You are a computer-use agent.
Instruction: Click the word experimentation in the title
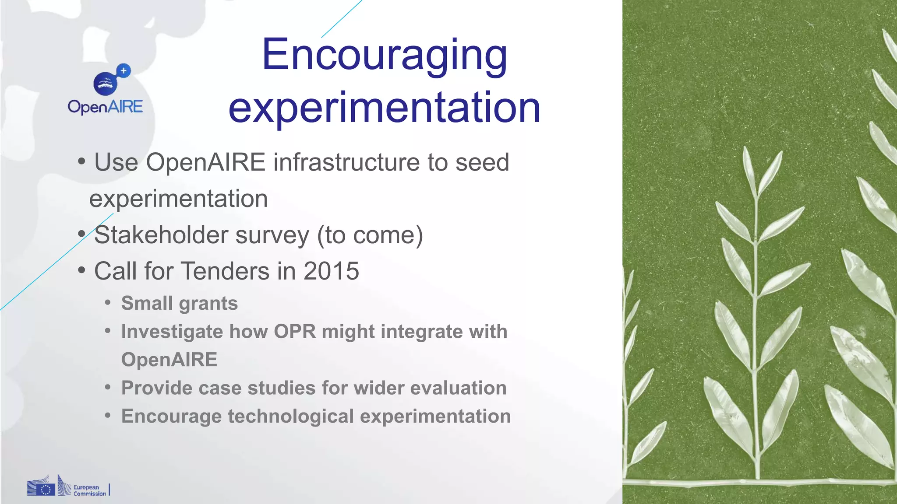384,108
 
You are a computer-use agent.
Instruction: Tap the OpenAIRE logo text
105,107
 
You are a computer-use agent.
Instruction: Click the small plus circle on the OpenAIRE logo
124,70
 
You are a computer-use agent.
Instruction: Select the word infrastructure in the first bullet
346,162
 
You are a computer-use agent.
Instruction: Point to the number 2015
331,271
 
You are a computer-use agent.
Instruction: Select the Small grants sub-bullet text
179,303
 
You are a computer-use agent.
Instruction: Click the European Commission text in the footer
89,490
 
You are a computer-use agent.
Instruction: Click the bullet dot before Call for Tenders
81,270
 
